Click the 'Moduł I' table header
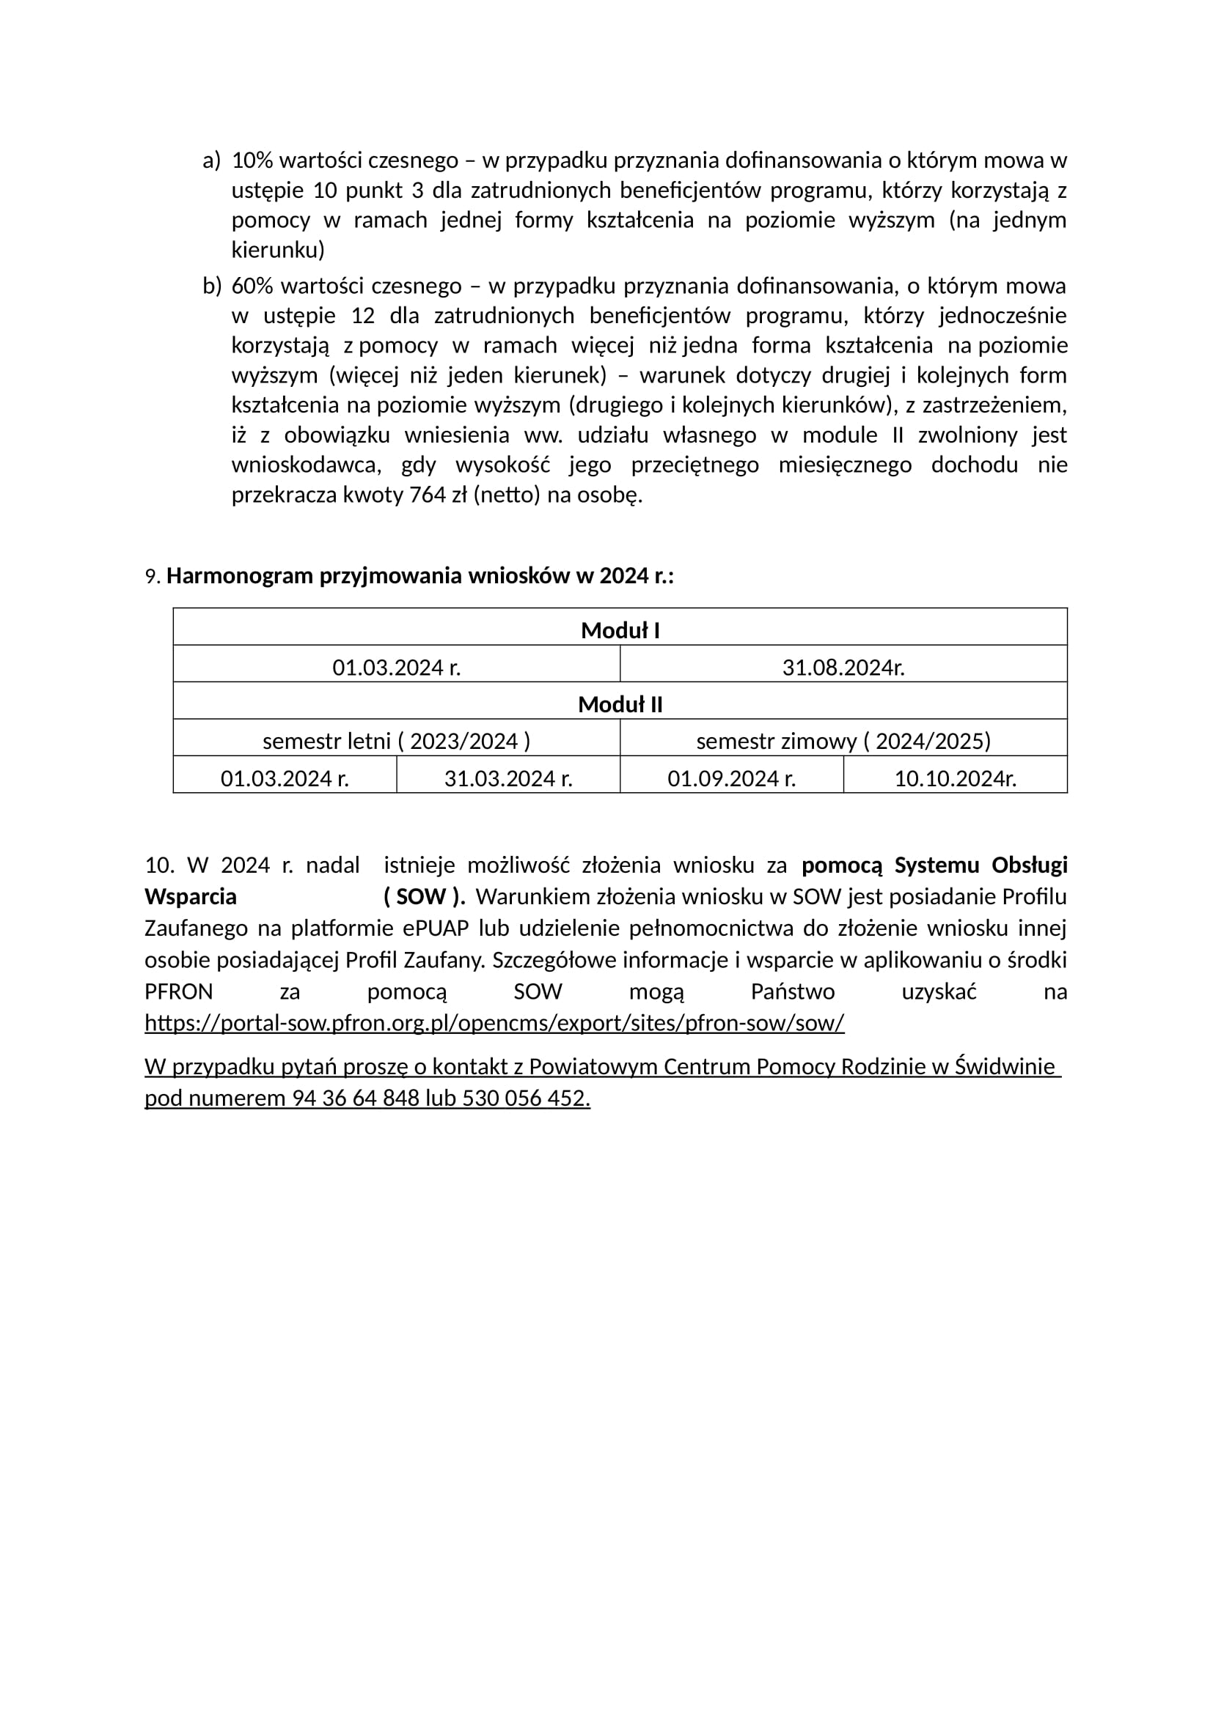pyautogui.click(x=620, y=631)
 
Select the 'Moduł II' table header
pyautogui.click(x=620, y=705)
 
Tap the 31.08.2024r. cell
pyautogui.click(x=843, y=668)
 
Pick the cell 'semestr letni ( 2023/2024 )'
pyautogui.click(x=396, y=742)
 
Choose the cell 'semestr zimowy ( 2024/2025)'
pyautogui.click(x=843, y=742)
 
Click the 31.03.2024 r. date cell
pyautogui.click(x=508, y=779)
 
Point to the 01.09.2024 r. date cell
pyautogui.click(x=731, y=779)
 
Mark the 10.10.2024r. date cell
pyautogui.click(x=956, y=779)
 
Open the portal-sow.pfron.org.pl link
pyautogui.click(x=494, y=1023)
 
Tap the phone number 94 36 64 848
pyautogui.click(x=356, y=1099)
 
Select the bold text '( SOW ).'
pyautogui.click(x=424, y=896)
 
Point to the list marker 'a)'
pyautogui.click(x=211, y=160)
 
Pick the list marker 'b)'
pyautogui.click(x=212, y=286)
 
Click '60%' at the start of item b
pyautogui.click(x=252, y=286)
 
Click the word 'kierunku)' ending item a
pyautogui.click(x=278, y=250)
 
